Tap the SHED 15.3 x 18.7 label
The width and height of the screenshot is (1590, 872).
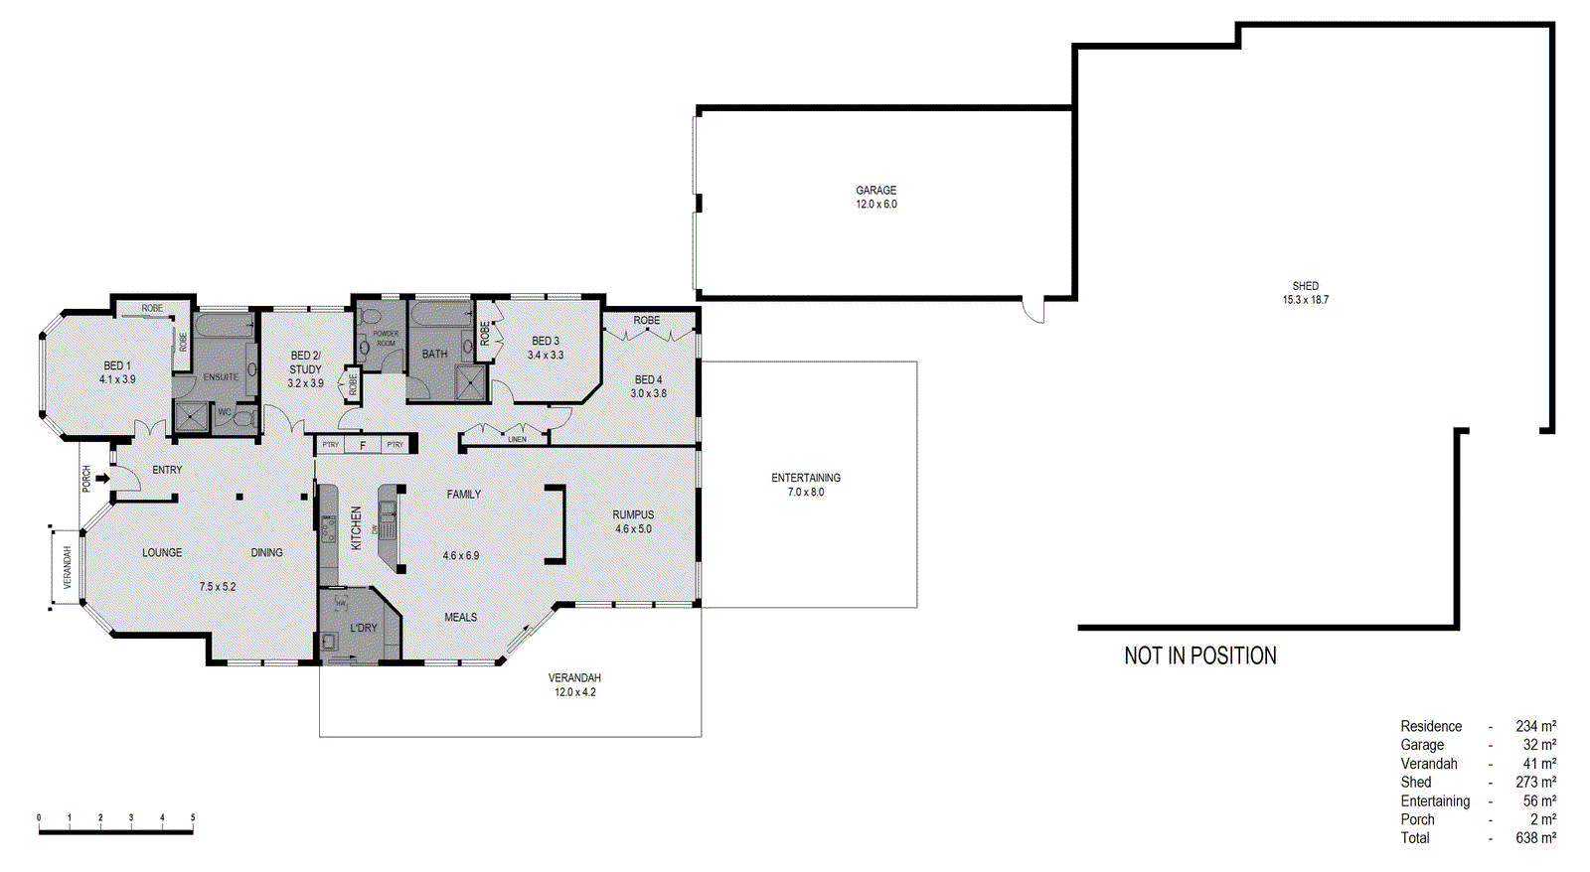(1305, 293)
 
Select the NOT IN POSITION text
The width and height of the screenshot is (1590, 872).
(1199, 655)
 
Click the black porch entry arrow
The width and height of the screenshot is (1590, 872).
(102, 479)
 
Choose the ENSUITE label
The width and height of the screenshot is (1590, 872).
(221, 377)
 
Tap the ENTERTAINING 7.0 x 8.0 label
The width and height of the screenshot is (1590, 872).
(805, 485)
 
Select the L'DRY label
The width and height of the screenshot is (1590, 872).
(364, 628)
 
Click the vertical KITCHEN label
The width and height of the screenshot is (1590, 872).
(356, 527)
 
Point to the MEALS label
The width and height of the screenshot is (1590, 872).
(460, 617)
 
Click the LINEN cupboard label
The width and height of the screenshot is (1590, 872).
(517, 439)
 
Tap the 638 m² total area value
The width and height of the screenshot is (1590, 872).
(1535, 838)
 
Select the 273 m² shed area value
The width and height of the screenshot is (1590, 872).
(1535, 783)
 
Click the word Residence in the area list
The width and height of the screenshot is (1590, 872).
(1431, 727)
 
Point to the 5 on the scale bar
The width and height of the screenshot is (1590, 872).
(193, 818)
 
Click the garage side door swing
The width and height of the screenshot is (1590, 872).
(1034, 310)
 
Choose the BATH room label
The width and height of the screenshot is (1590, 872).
(434, 354)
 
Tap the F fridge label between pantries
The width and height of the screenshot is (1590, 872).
(363, 445)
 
